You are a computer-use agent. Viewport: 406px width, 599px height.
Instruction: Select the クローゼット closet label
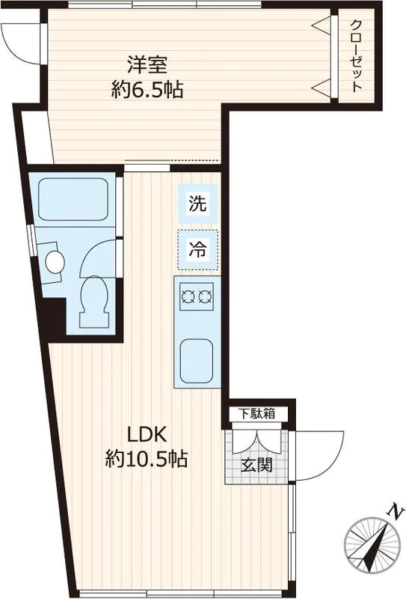pos(357,55)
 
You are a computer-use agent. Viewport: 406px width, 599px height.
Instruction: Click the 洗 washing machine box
pos(198,203)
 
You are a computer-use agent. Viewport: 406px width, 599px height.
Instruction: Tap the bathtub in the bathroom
pos(72,198)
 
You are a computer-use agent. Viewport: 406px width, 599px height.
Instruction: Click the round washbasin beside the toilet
pos(55,262)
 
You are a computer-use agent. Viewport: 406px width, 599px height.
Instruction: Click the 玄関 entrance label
pos(256,465)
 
